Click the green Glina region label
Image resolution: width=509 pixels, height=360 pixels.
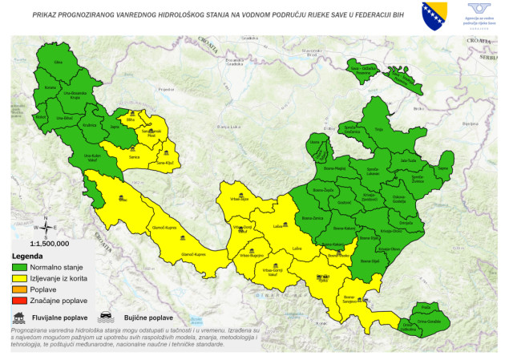(57, 62)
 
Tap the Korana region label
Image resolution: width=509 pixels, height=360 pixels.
(50, 86)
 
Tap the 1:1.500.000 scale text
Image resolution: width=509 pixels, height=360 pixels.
(49, 242)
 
